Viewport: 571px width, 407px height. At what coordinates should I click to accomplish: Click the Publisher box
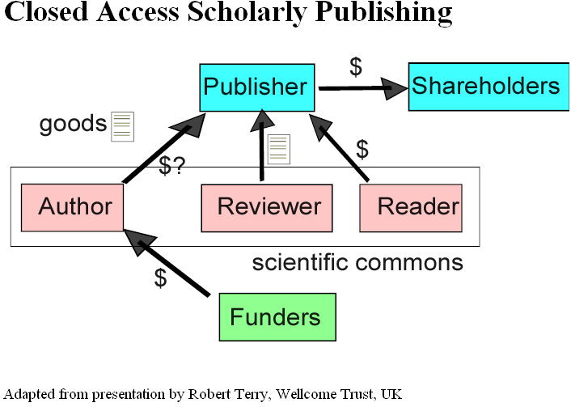(x=256, y=87)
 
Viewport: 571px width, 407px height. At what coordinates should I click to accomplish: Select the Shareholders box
(x=485, y=86)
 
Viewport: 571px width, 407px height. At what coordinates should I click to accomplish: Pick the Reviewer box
(x=269, y=207)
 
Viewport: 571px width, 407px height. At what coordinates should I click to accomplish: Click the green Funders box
(x=277, y=317)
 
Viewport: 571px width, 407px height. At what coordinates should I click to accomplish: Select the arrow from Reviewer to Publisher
(x=262, y=146)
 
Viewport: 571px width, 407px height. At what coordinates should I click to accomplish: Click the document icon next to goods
(x=122, y=126)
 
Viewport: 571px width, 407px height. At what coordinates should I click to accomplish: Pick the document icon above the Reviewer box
(x=278, y=149)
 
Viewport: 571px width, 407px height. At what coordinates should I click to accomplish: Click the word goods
(x=73, y=124)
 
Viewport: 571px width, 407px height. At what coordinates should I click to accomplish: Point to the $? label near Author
(x=172, y=166)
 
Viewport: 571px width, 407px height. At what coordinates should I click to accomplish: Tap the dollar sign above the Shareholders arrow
(x=355, y=67)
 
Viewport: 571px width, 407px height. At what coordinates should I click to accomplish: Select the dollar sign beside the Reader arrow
(x=362, y=149)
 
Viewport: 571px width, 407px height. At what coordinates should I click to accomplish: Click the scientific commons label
(x=357, y=263)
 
